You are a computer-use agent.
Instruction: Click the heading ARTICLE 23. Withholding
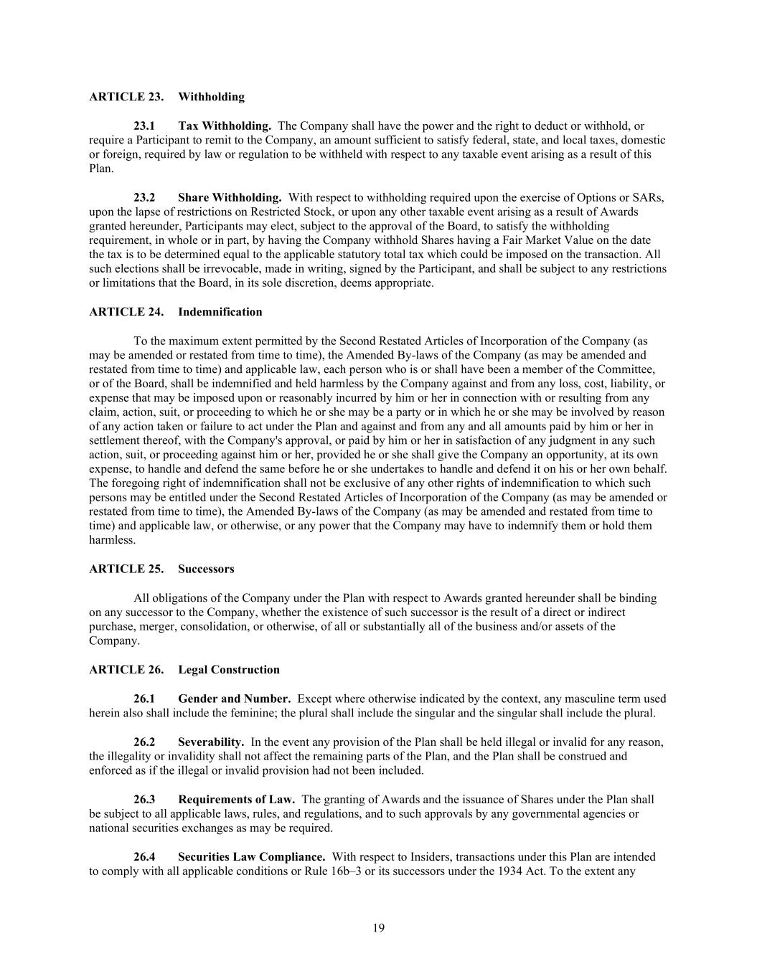(x=166, y=97)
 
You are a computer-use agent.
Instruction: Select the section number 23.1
(x=144, y=126)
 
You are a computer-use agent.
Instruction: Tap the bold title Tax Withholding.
(x=225, y=126)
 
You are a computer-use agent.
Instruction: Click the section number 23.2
(x=144, y=197)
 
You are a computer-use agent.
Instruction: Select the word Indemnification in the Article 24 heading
(x=220, y=312)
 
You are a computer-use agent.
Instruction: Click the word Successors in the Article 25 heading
(x=206, y=569)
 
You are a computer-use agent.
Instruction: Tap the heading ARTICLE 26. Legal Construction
(x=184, y=669)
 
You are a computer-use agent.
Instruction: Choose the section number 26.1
(x=144, y=699)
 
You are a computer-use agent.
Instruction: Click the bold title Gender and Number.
(x=235, y=699)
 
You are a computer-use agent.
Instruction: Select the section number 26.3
(x=144, y=799)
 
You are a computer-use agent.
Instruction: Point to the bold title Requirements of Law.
(x=237, y=799)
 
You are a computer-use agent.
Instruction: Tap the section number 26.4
(x=144, y=856)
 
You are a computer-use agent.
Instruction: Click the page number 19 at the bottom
(x=379, y=928)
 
